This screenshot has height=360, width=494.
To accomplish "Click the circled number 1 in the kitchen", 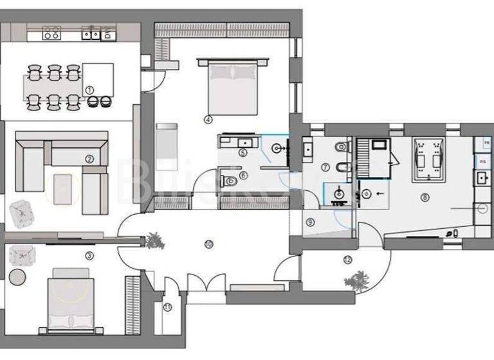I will click(x=89, y=91).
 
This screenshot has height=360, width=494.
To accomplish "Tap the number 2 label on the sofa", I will click(x=89, y=158).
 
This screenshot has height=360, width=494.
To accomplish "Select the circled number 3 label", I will click(x=89, y=255).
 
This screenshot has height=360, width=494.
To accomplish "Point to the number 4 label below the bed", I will click(x=208, y=119).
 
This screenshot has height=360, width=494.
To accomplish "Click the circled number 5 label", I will click(x=242, y=152).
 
